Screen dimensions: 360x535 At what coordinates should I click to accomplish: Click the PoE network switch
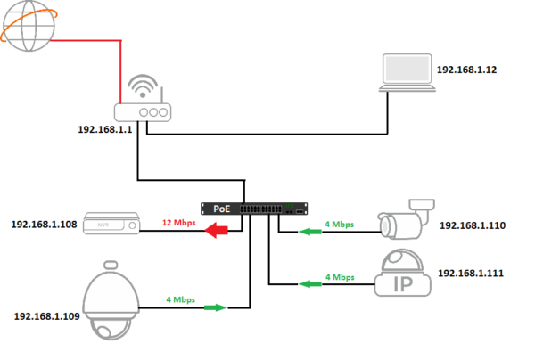point(255,209)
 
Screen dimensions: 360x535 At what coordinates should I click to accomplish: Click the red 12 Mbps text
point(178,221)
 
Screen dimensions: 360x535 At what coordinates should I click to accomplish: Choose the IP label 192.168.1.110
point(472,225)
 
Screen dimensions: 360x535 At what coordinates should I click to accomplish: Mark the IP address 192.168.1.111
point(472,273)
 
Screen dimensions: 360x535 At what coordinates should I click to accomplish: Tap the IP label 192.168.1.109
point(45,315)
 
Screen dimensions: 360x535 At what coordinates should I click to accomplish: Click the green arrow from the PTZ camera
point(214,307)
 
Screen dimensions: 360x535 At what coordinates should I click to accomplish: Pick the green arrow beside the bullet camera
point(309,232)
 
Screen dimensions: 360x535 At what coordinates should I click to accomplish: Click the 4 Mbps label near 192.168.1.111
point(339,277)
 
